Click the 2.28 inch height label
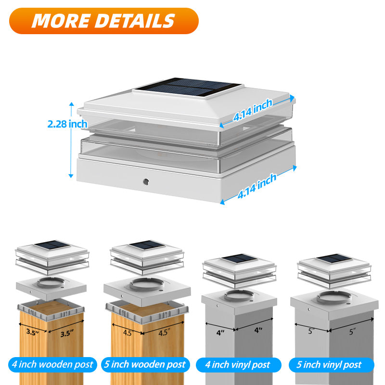click(67, 124)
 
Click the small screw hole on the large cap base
click(145, 182)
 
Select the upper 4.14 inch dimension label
click(253, 110)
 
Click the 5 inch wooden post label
click(145, 364)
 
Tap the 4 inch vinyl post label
click(237, 364)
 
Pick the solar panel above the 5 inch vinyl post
click(334, 258)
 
